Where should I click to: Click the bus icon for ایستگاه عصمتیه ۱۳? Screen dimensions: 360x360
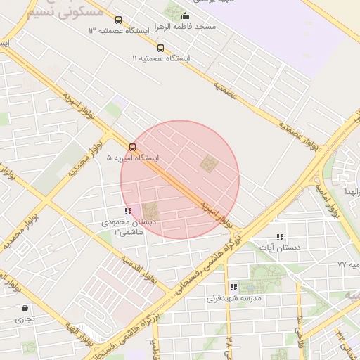tap(117, 20)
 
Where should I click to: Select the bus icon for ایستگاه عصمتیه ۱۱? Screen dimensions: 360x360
tap(161, 48)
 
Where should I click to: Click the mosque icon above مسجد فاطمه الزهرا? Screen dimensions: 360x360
tap(186, 16)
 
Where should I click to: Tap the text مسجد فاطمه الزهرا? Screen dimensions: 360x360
tap(186, 26)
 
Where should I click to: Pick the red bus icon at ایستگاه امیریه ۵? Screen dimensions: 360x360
tap(133, 147)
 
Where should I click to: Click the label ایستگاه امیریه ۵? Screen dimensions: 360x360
tap(133, 158)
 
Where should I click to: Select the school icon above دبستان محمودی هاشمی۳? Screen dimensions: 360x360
tap(127, 210)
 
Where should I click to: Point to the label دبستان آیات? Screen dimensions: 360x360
tap(280, 247)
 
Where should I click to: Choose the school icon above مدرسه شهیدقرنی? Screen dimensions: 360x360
tap(233, 287)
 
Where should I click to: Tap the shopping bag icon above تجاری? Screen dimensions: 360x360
tap(26, 308)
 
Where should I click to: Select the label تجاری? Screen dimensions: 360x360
tap(26, 319)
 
